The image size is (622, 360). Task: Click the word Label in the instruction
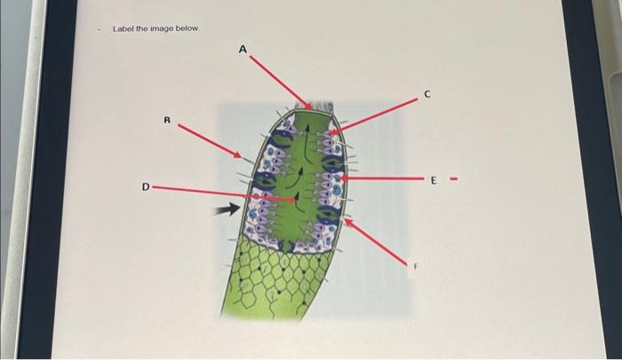(122, 29)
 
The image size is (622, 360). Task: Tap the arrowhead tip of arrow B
(242, 159)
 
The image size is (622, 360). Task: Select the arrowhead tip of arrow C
(331, 133)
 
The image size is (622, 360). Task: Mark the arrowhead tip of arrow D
(295, 201)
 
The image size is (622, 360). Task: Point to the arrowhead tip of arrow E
(341, 179)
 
